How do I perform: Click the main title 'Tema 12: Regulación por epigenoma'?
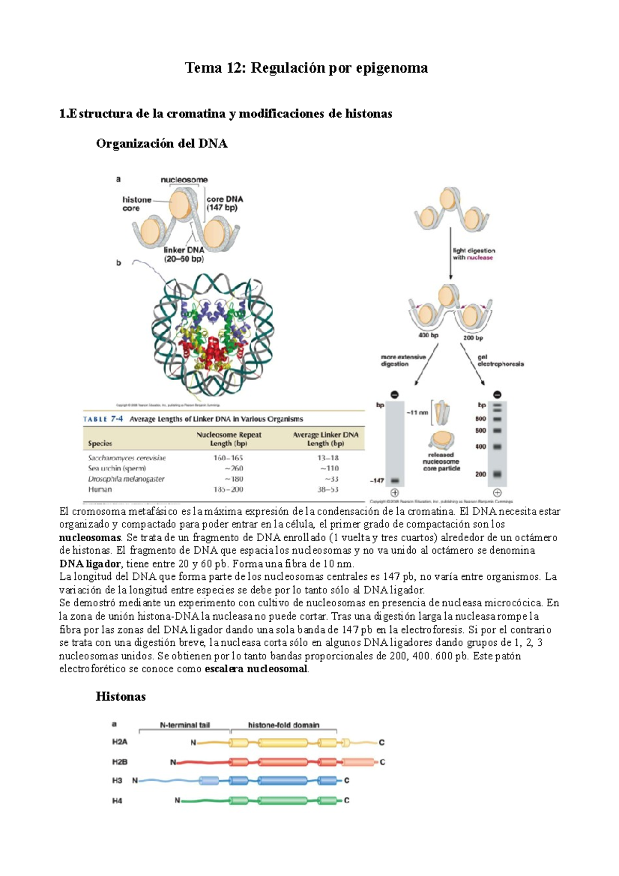pyautogui.click(x=306, y=68)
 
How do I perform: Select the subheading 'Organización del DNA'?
pyautogui.click(x=161, y=144)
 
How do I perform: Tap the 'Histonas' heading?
pyautogui.click(x=121, y=697)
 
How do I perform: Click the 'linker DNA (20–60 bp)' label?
pyautogui.click(x=184, y=254)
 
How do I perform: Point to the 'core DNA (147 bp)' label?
pyautogui.click(x=224, y=203)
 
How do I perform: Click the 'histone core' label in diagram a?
pyautogui.click(x=136, y=204)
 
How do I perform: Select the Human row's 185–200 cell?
pyautogui.click(x=228, y=490)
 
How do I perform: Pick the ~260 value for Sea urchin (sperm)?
pyautogui.click(x=233, y=468)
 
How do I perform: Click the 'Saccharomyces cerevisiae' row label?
pyautogui.click(x=127, y=458)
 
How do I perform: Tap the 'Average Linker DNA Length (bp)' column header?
pyautogui.click(x=325, y=439)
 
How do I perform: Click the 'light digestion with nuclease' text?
pyautogui.click(x=474, y=254)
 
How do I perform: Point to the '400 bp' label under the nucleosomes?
pyautogui.click(x=428, y=335)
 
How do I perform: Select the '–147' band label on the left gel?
pyautogui.click(x=377, y=481)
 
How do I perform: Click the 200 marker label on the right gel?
pyautogui.click(x=480, y=474)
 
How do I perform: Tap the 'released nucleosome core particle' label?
pyautogui.click(x=441, y=462)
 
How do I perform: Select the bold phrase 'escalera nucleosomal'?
pyautogui.click(x=256, y=670)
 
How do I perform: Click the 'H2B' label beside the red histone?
pyautogui.click(x=120, y=762)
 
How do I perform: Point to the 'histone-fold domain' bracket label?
pyautogui.click(x=283, y=725)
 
